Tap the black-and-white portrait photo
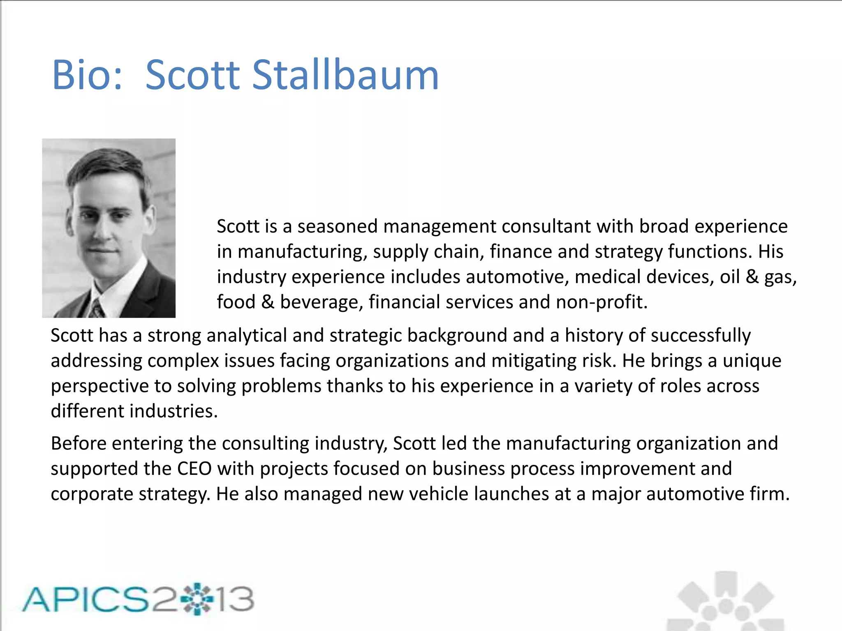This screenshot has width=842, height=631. [109, 228]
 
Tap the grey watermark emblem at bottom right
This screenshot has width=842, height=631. [726, 602]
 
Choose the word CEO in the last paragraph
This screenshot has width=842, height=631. [194, 469]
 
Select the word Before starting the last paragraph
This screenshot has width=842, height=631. [78, 444]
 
